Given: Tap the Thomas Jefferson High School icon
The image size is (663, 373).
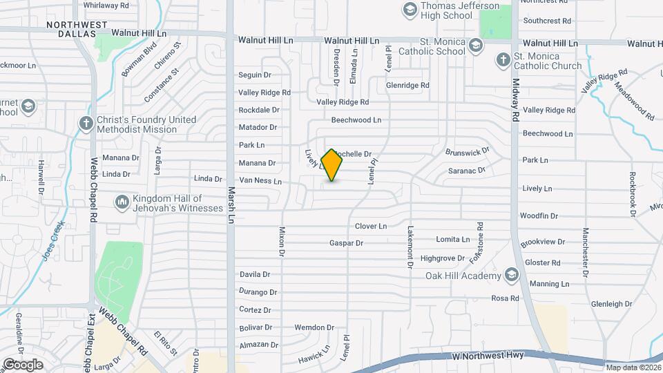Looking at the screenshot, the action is [x=410, y=10].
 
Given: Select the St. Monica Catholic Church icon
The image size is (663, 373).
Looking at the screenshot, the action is [x=503, y=61].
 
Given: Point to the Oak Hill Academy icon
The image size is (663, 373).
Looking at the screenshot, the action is [x=511, y=276].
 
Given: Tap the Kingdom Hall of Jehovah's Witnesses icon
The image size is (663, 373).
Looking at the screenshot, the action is [x=122, y=201].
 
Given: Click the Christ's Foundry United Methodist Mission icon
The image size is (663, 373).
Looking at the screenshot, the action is [x=86, y=124].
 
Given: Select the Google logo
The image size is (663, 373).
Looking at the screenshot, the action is [x=23, y=364].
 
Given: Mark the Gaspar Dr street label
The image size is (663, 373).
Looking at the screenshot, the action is [x=346, y=243].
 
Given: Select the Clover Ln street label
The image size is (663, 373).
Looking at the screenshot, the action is [x=371, y=226].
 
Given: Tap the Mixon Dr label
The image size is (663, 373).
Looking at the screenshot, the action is [x=282, y=242].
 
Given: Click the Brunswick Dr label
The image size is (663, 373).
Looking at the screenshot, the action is [x=467, y=150].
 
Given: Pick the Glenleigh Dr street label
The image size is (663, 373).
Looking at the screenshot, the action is [x=611, y=304].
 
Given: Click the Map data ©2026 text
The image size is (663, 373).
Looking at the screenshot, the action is [x=633, y=367].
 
